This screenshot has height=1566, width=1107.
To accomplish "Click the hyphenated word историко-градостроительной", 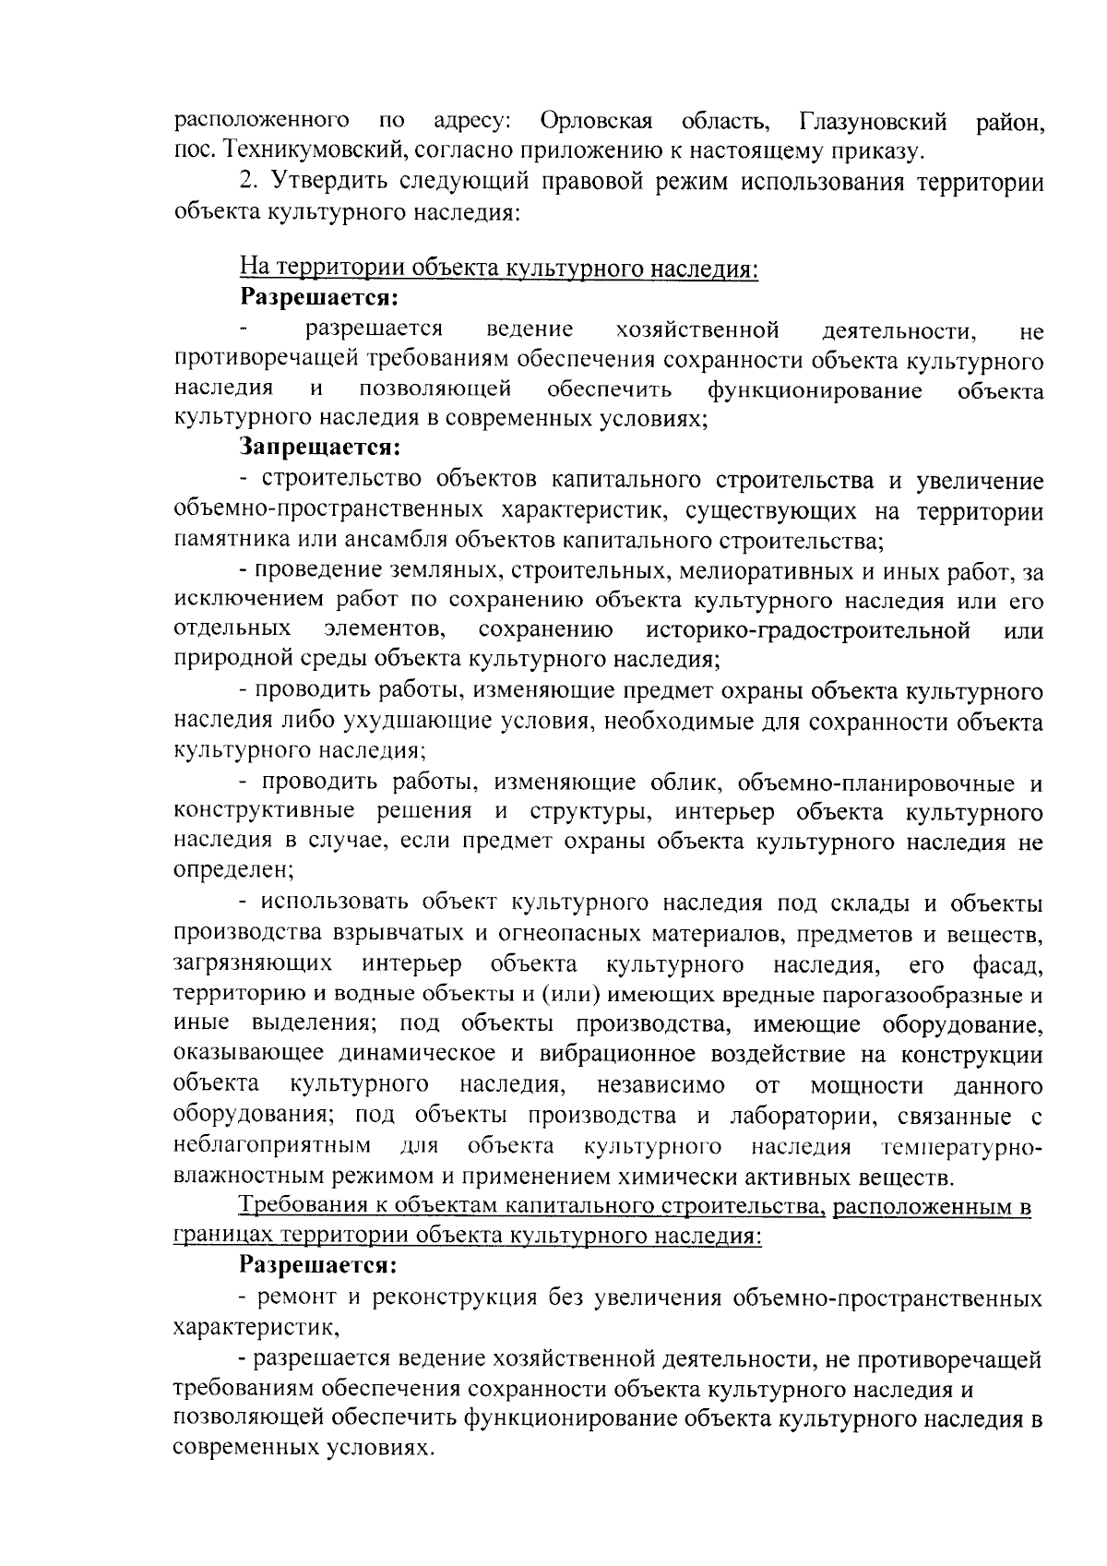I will pos(809,630).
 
